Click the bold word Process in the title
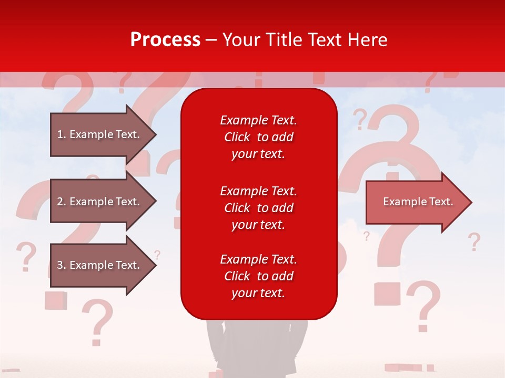pos(165,40)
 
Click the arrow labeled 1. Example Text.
pos(98,134)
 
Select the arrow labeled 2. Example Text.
pos(98,202)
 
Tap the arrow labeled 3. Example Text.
pos(98,265)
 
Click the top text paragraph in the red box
pos(258,137)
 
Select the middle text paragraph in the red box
pos(258,208)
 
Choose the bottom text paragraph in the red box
pos(258,276)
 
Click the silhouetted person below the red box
pos(258,346)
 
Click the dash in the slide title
pos(211,40)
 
